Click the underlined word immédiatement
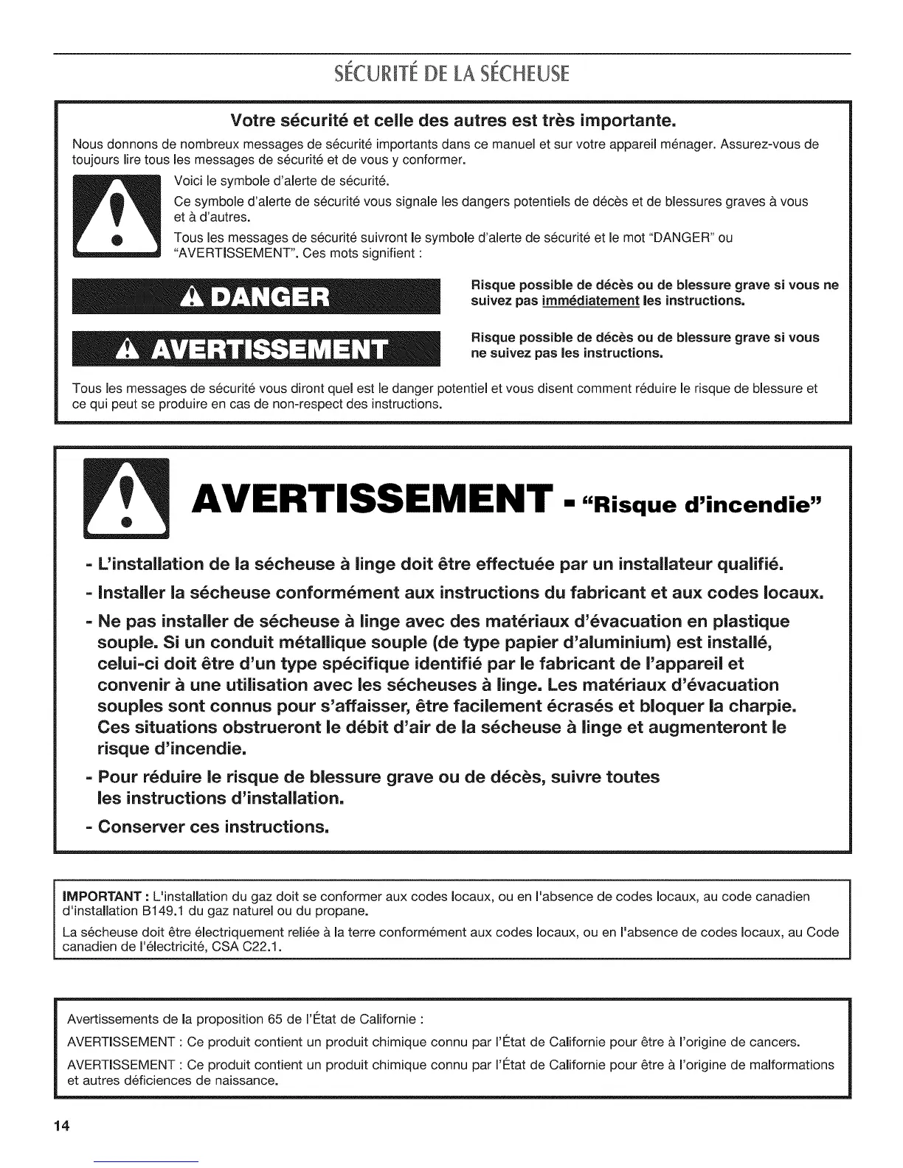(589, 301)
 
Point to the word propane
(345, 911)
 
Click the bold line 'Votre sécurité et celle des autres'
(453, 119)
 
